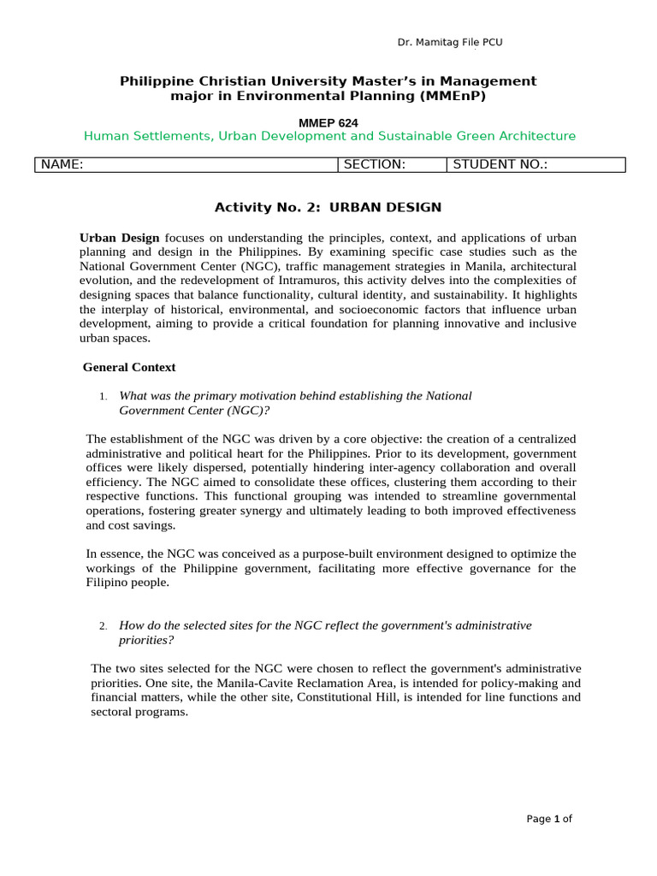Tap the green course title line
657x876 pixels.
coord(329,136)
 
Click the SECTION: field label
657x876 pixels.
coord(374,165)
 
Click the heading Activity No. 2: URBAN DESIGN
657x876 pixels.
coord(328,207)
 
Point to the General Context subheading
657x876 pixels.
coord(129,367)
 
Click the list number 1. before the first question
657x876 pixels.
coord(103,396)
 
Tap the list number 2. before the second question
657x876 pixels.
coord(103,626)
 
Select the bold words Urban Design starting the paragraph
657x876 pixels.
coord(120,237)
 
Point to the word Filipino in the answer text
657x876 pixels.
coord(108,583)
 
